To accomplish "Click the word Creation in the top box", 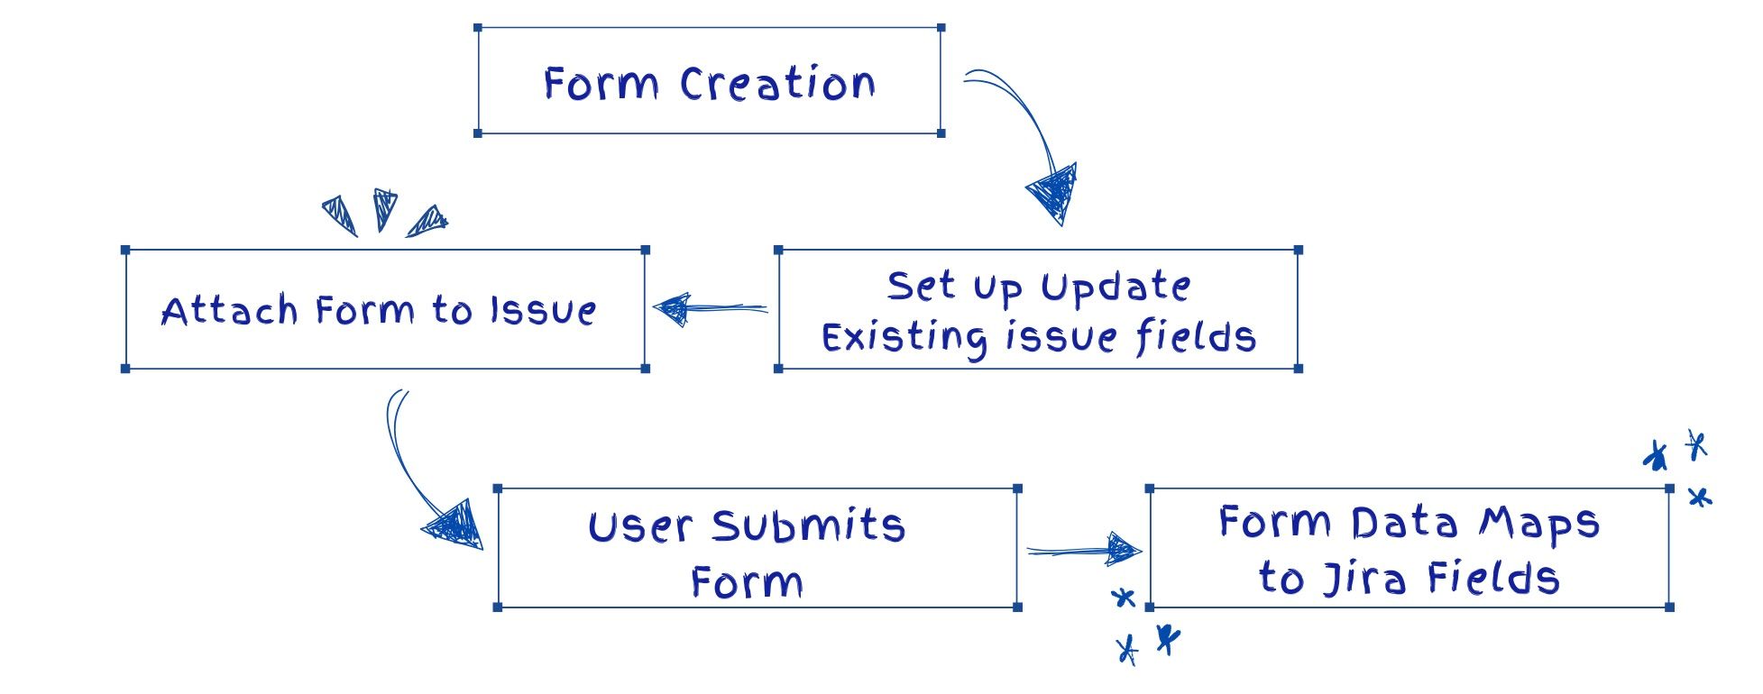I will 777,84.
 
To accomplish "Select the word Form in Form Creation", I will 601,84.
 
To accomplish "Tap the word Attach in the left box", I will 230,311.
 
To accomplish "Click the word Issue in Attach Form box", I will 543,311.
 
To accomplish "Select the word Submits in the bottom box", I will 808,526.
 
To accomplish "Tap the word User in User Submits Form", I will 640,527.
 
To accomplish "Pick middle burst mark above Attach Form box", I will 385,208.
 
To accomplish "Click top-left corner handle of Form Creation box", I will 478,29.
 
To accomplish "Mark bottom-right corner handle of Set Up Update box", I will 1298,368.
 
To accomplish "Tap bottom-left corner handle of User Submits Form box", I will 498,607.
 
